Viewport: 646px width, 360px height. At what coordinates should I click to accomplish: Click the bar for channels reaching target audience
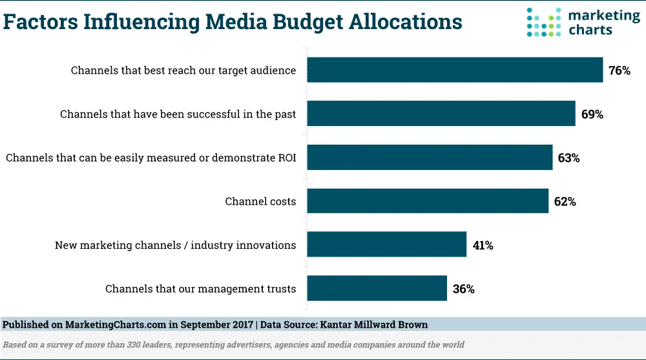pos(455,70)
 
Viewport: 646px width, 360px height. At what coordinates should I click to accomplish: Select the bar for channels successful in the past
pos(441,114)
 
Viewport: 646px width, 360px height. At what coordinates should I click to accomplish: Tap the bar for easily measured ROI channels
pos(430,157)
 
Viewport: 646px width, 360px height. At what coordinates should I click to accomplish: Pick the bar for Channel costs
pos(428,201)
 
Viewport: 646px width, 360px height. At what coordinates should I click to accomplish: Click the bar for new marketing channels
pos(386,245)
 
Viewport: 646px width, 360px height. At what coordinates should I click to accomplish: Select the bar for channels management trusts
pos(377,288)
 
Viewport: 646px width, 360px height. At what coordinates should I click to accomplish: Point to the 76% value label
pos(619,70)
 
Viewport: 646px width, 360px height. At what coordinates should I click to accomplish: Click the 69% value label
pos(592,114)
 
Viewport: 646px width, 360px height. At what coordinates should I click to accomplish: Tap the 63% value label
pos(568,158)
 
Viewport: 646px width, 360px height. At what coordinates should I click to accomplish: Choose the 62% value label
pos(565,202)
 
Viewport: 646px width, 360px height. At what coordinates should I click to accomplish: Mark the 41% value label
pos(483,246)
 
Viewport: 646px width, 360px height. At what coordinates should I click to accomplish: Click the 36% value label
pos(463,289)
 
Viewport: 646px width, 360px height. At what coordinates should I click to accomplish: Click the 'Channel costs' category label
pos(260,202)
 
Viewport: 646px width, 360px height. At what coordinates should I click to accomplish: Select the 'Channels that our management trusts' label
pos(200,289)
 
